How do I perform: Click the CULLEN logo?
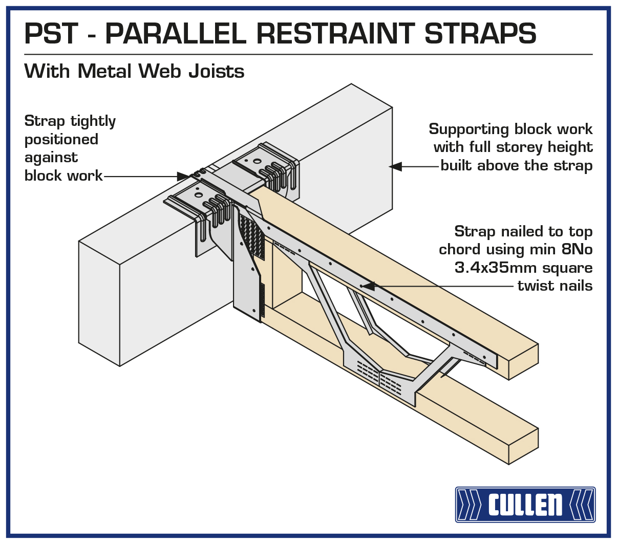pos(525,505)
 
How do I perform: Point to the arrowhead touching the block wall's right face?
pos(395,166)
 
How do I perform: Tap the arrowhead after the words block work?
pos(183,176)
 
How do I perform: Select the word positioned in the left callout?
pos(61,139)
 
